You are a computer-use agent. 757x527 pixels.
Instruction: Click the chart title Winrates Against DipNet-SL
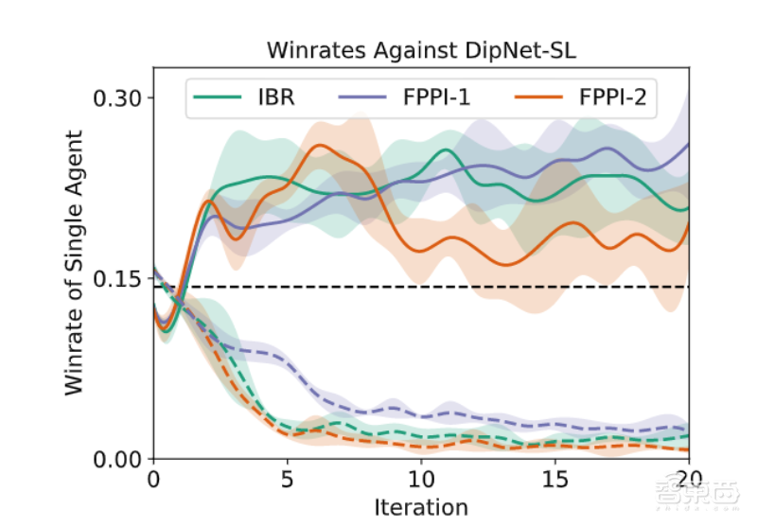421,49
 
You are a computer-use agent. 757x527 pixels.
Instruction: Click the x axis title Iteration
421,507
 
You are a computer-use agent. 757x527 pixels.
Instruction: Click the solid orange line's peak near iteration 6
320,145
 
